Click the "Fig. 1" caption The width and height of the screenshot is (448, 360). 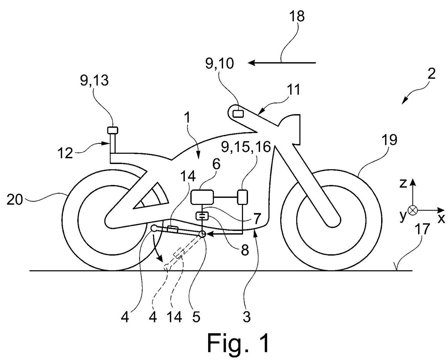(239, 343)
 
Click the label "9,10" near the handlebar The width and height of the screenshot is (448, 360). (219, 64)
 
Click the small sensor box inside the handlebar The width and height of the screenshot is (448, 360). (239, 113)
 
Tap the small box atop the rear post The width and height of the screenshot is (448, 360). (112, 130)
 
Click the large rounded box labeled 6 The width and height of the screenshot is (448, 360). (202, 197)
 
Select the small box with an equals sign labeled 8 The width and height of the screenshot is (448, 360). (202, 216)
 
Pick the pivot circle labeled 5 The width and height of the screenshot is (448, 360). (202, 234)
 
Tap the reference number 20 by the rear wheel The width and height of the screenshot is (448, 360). (15, 200)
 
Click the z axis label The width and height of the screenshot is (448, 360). (403, 184)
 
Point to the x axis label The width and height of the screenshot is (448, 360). (441, 219)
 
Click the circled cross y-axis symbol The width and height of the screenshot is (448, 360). (413, 210)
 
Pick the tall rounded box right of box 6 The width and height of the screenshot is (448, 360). (242, 197)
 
